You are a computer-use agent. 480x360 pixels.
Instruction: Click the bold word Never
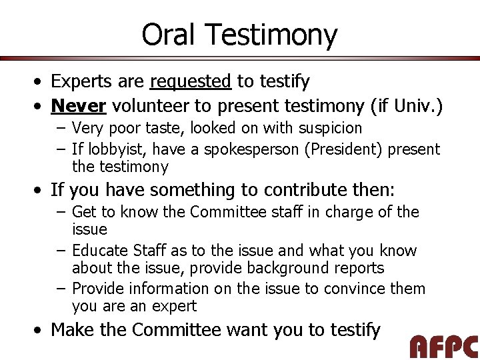[79, 105]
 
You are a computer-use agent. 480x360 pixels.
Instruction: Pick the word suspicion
[327, 127]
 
